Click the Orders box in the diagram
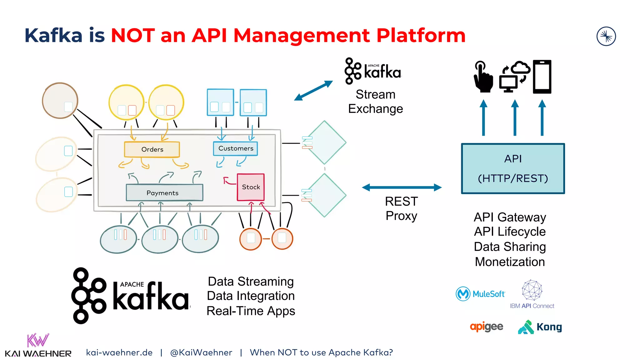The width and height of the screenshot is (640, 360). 152,149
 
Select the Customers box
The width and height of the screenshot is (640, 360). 235,148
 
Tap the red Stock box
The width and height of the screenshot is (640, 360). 251,187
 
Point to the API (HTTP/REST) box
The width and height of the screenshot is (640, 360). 513,168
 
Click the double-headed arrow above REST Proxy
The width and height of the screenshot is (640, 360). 402,187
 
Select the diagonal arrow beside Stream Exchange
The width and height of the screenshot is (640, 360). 313,91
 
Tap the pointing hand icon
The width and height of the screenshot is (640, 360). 483,77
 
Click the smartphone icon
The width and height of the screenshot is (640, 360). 542,77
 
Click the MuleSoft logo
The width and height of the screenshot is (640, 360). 480,294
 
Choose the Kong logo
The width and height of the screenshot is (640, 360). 540,327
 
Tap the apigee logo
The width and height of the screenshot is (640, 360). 486,327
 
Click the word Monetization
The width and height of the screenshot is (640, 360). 510,262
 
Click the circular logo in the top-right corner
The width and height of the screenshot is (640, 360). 606,36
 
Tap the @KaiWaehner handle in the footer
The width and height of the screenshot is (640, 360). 201,352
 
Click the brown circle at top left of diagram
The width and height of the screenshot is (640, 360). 60,100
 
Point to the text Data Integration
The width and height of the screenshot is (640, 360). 251,296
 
